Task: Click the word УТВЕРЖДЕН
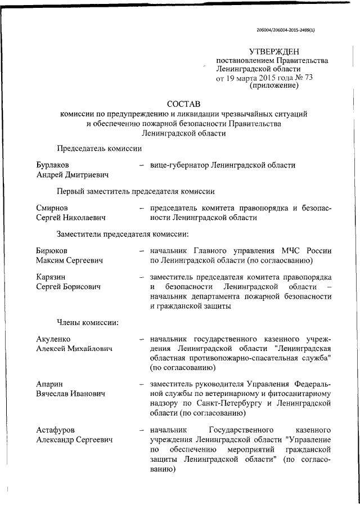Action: tap(276, 51)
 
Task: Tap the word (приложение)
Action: tap(274, 87)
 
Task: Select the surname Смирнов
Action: tap(52, 208)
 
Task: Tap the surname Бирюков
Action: tap(52, 251)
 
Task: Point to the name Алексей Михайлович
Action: tap(74, 349)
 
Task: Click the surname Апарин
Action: tap(49, 384)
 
